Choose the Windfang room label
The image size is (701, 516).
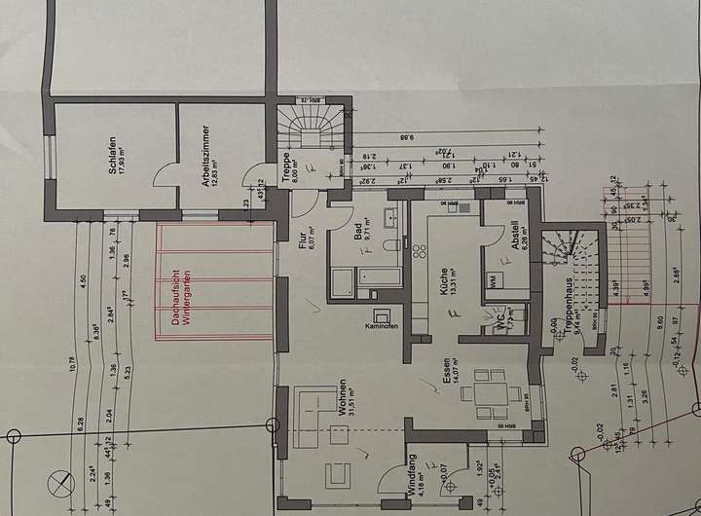415,478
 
